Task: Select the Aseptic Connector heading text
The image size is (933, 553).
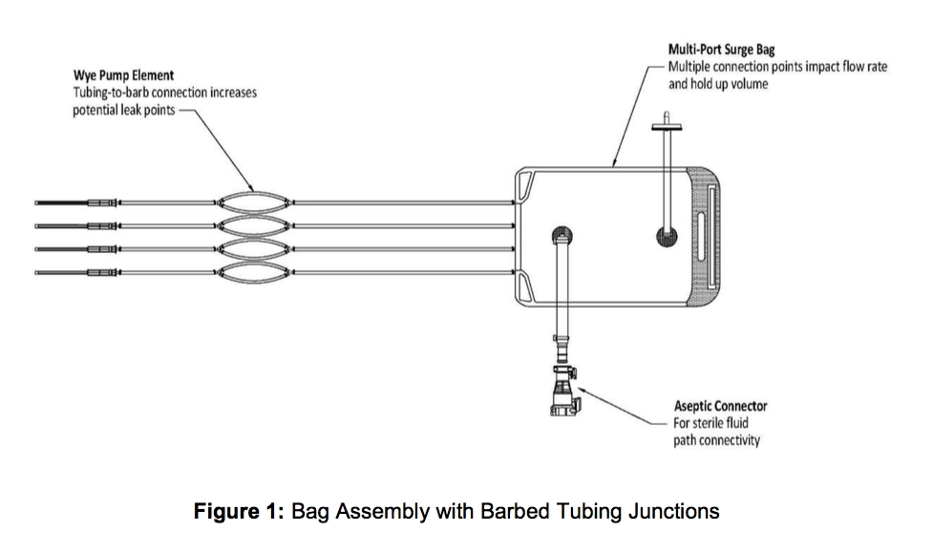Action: [x=721, y=406]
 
